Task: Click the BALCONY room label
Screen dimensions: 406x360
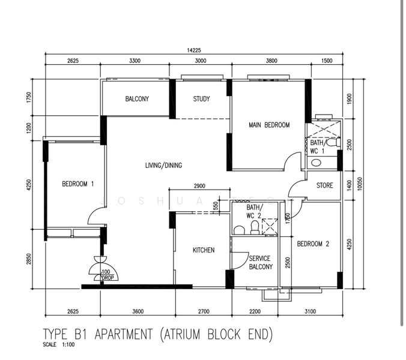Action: pos(137,99)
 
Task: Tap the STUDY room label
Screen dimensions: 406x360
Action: pos(201,99)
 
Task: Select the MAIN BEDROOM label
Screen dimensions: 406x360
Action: pos(269,125)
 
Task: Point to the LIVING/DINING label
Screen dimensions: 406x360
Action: pos(163,165)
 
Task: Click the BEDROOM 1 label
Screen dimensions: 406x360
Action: pos(77,184)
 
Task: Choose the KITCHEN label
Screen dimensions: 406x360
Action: pos(204,250)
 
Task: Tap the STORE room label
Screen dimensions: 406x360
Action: pos(325,185)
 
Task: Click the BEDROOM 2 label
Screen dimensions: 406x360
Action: pos(313,244)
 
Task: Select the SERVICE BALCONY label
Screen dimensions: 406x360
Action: pos(261,263)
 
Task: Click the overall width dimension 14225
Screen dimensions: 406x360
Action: pos(193,50)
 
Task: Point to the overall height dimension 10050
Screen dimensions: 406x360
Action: pos(360,184)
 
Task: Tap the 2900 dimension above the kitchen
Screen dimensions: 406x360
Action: pos(199,185)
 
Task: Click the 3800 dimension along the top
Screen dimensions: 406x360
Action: pos(271,61)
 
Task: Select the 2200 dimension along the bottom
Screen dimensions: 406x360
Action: pos(255,311)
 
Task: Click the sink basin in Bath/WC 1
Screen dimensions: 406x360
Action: pos(316,163)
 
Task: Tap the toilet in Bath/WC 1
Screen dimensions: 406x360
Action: pos(333,142)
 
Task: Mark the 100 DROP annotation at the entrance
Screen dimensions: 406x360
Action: pos(107,275)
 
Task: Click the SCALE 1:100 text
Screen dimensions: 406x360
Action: pos(59,344)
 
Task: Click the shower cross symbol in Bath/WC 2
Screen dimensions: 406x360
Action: pos(270,227)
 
